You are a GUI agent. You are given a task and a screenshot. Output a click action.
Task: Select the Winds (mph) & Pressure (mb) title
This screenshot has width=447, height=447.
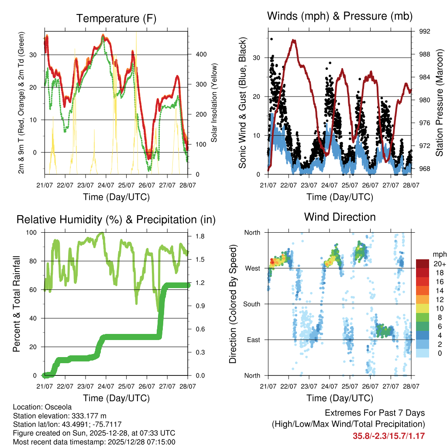click(340, 16)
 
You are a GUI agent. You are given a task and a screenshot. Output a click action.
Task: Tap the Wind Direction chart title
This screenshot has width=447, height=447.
click(340, 217)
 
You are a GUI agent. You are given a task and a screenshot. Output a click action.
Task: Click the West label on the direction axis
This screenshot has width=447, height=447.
click(252, 268)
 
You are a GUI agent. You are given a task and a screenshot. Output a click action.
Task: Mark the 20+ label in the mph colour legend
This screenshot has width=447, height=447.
click(439, 264)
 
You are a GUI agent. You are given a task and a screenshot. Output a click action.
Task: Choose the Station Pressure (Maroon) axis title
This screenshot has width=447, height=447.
click(439, 103)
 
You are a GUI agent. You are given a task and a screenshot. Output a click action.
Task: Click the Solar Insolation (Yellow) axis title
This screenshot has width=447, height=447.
click(214, 103)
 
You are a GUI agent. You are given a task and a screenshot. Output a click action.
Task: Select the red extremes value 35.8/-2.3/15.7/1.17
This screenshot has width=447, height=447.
click(389, 436)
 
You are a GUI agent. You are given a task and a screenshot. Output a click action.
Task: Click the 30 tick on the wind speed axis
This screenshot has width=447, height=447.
click(258, 58)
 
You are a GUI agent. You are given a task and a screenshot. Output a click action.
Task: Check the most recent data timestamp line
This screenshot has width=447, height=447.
click(94, 442)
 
